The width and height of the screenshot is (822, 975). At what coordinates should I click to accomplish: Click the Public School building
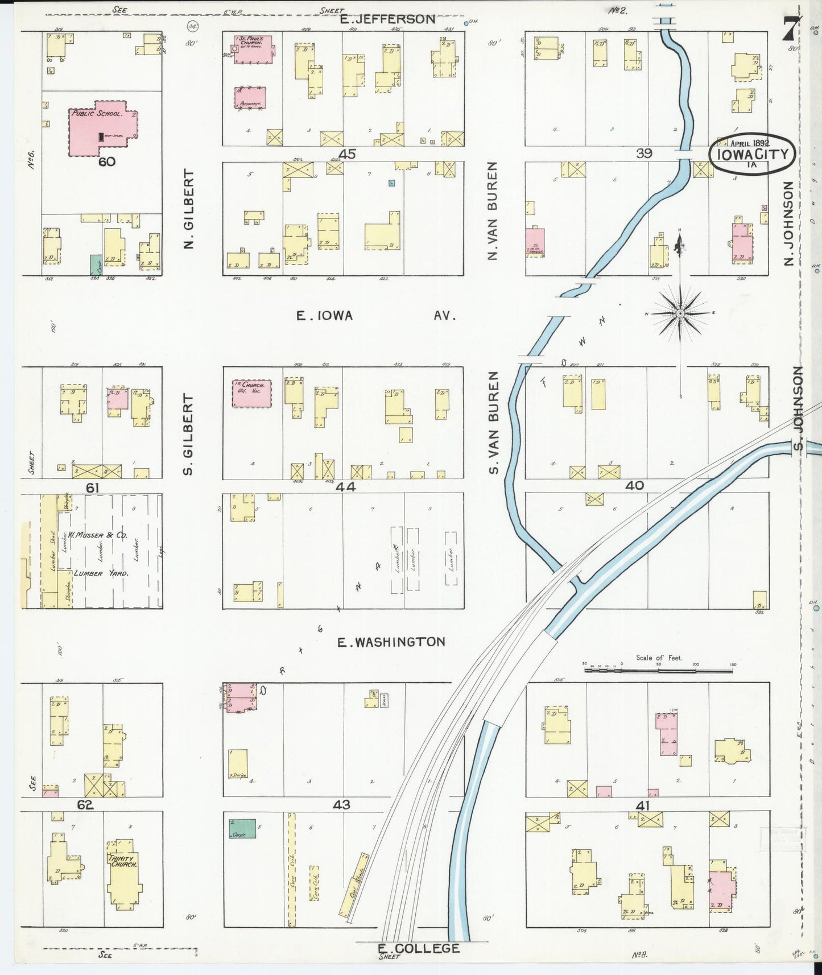pos(102,128)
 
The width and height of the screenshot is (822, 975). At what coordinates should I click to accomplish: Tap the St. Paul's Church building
pos(253,49)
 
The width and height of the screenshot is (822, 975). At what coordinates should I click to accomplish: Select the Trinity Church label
pos(123,861)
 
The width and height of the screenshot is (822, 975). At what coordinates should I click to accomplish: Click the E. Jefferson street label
pos(387,19)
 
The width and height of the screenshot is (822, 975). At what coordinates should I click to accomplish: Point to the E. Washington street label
pos(391,642)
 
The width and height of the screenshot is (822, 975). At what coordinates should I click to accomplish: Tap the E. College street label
pos(419,948)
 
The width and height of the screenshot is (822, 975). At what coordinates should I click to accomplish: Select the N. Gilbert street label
pos(189,209)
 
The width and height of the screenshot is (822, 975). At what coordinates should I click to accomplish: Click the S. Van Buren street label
pos(493,422)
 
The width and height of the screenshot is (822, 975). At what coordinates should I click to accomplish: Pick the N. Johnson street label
pos(788,224)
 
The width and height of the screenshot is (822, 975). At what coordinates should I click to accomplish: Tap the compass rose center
pos(680,313)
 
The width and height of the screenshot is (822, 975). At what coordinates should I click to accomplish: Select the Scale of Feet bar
pos(659,671)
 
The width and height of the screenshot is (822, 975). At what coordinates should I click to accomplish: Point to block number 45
pos(346,154)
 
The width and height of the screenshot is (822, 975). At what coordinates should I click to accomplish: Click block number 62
pos(85,805)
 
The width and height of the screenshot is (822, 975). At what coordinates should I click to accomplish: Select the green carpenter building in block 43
pos(242,828)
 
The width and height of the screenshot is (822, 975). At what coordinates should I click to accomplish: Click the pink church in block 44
pos(251,394)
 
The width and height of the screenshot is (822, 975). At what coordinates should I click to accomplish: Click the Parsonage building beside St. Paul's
pos(250,97)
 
